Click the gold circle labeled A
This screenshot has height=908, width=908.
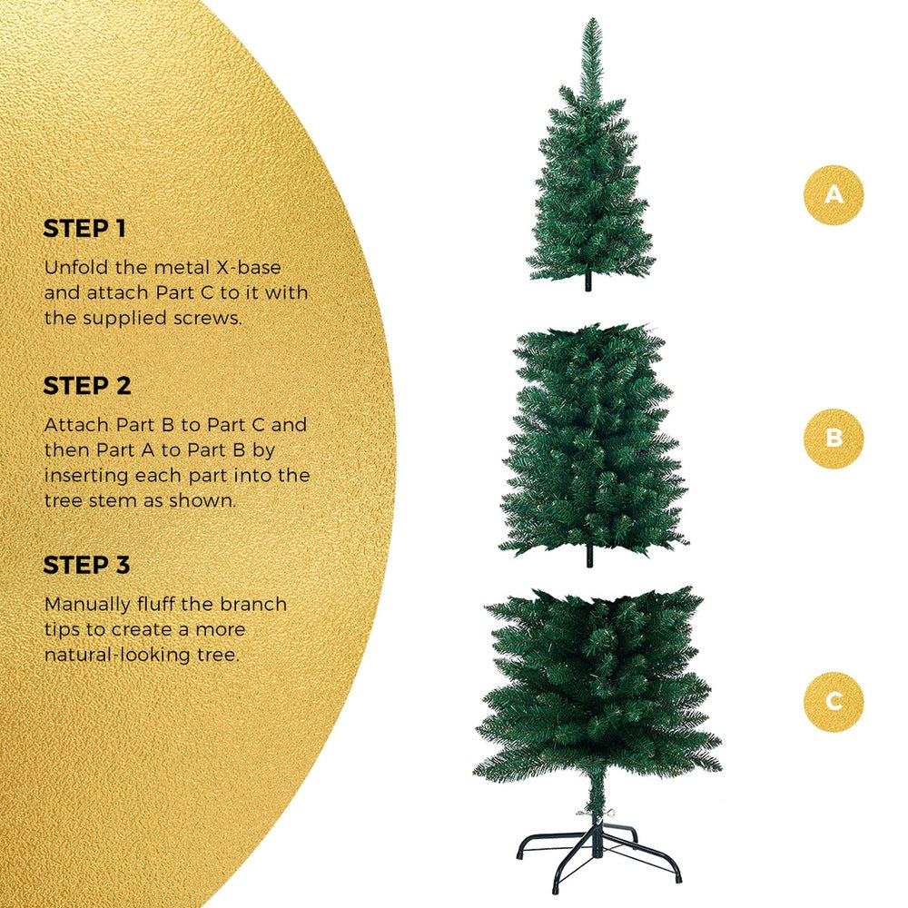point(834,194)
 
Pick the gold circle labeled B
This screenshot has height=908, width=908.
point(834,439)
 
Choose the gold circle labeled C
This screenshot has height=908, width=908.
point(834,701)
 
